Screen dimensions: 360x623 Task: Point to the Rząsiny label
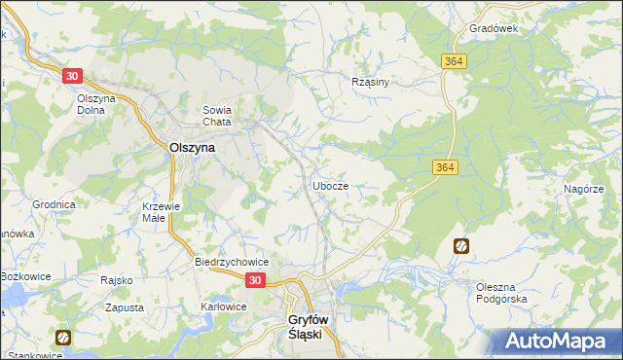click(x=370, y=82)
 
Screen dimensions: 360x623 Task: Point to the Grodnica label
click(x=54, y=205)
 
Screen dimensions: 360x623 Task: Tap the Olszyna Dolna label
click(x=97, y=104)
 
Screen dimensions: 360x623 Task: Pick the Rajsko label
click(x=116, y=280)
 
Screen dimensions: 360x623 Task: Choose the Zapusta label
click(x=124, y=306)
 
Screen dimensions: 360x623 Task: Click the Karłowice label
click(x=223, y=306)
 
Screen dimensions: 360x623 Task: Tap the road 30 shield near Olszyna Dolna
click(x=71, y=75)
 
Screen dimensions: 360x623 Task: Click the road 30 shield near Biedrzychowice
click(x=254, y=280)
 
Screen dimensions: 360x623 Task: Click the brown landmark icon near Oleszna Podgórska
click(x=460, y=247)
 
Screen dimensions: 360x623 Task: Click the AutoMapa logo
click(x=556, y=341)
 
